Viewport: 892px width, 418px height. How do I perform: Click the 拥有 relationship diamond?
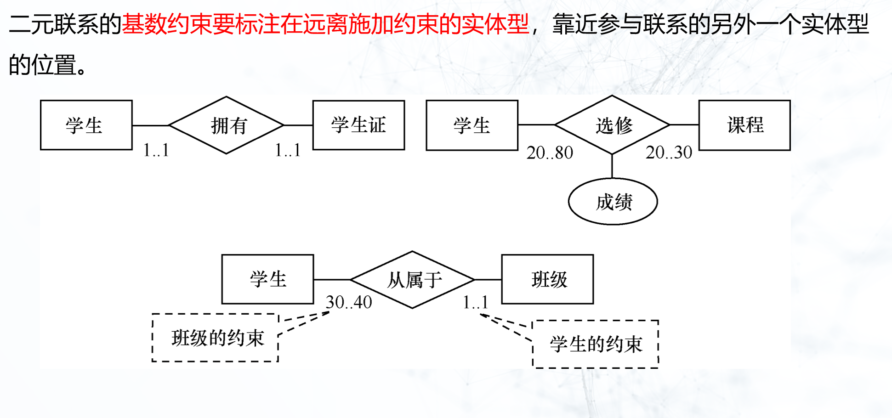point(227,125)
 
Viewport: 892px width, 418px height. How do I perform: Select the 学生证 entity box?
point(358,125)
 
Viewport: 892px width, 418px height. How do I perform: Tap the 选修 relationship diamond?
point(612,125)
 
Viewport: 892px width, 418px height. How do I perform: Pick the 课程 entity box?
point(744,125)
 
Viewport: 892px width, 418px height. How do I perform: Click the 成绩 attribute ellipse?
point(613,202)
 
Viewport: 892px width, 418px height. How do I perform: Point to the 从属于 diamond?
point(412,279)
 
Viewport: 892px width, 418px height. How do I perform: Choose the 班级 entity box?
point(547,279)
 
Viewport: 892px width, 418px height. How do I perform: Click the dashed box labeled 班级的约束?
point(216,338)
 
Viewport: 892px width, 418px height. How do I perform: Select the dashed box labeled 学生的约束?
point(596,344)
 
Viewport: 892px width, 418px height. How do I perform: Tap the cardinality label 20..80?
point(550,153)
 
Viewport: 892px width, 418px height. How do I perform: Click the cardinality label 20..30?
point(669,153)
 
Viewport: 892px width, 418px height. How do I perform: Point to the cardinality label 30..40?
point(349,302)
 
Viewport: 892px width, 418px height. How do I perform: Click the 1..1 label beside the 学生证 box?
point(288,150)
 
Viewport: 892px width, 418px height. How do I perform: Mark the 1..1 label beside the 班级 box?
point(475,302)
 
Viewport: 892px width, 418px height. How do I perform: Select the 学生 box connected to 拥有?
point(86,125)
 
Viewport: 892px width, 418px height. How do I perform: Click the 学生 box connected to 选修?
point(472,125)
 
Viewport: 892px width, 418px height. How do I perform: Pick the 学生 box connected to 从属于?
point(267,279)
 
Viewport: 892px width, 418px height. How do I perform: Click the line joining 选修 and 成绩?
point(612,166)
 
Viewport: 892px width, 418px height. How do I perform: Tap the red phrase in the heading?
point(325,24)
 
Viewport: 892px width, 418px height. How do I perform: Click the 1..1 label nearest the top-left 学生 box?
point(156,150)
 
